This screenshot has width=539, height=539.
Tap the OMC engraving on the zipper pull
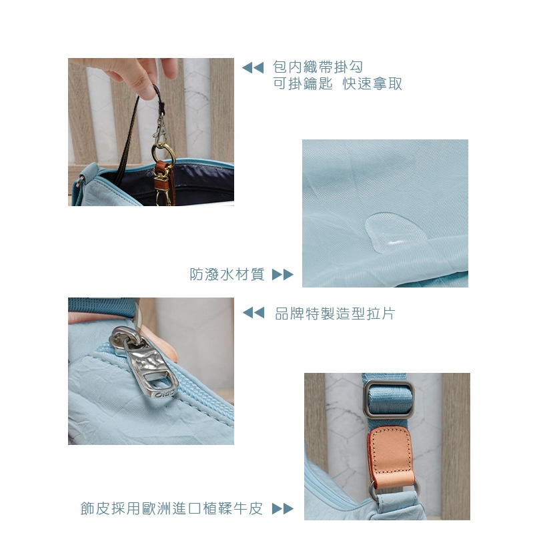(x=165, y=394)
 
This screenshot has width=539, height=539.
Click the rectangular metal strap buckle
(x=389, y=398)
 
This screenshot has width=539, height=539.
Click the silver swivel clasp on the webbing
(x=159, y=129)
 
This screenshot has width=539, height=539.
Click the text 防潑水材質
(x=227, y=274)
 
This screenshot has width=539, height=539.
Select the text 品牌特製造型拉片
(x=335, y=313)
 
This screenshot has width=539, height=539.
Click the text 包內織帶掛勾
(x=318, y=67)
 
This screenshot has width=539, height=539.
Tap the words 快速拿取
(x=372, y=83)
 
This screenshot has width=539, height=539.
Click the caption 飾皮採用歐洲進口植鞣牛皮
(x=171, y=508)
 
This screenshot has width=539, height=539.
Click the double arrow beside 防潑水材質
(x=283, y=275)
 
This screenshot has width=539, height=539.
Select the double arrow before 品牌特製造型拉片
(x=253, y=313)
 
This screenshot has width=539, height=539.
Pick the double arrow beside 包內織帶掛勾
(x=253, y=68)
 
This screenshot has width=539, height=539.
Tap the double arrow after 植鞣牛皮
(x=283, y=509)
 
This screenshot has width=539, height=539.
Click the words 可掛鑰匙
(x=303, y=83)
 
